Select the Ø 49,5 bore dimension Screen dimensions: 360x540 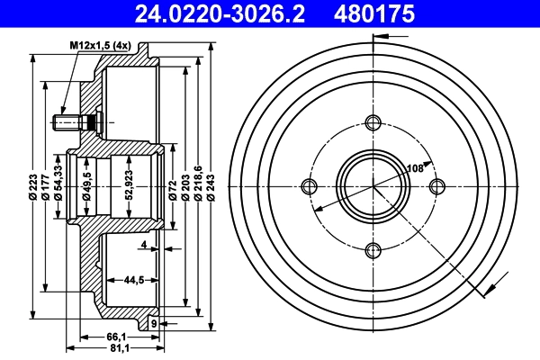pos(87,184)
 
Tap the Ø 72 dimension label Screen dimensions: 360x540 pos(171,184)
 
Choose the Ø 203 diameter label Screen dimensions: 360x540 pos(184,184)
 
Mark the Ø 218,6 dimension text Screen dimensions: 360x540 pos(198,184)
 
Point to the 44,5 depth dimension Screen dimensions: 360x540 pos(135,280)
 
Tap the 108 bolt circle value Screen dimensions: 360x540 pos(416,168)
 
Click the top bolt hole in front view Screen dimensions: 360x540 pos(374,122)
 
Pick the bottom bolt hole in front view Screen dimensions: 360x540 pos(374,250)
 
